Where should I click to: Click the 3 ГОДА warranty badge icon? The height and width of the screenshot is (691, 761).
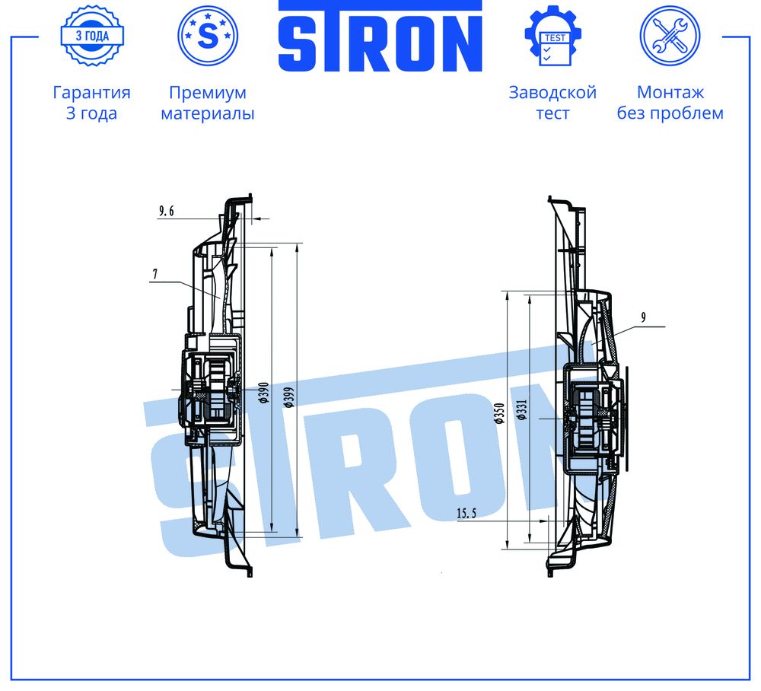[92, 36]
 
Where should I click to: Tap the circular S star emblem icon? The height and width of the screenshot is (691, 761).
[208, 36]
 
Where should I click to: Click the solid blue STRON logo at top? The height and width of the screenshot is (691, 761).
[380, 37]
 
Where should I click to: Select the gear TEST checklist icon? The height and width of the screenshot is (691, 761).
[552, 36]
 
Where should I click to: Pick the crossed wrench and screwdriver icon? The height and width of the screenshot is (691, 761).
[670, 36]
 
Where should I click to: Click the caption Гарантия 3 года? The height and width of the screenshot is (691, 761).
[92, 103]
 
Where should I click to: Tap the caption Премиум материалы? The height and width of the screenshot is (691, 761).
[208, 103]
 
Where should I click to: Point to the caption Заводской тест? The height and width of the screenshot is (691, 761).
[552, 103]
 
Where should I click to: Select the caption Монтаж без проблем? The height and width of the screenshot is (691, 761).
[670, 103]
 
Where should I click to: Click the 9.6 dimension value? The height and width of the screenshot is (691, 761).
[167, 211]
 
